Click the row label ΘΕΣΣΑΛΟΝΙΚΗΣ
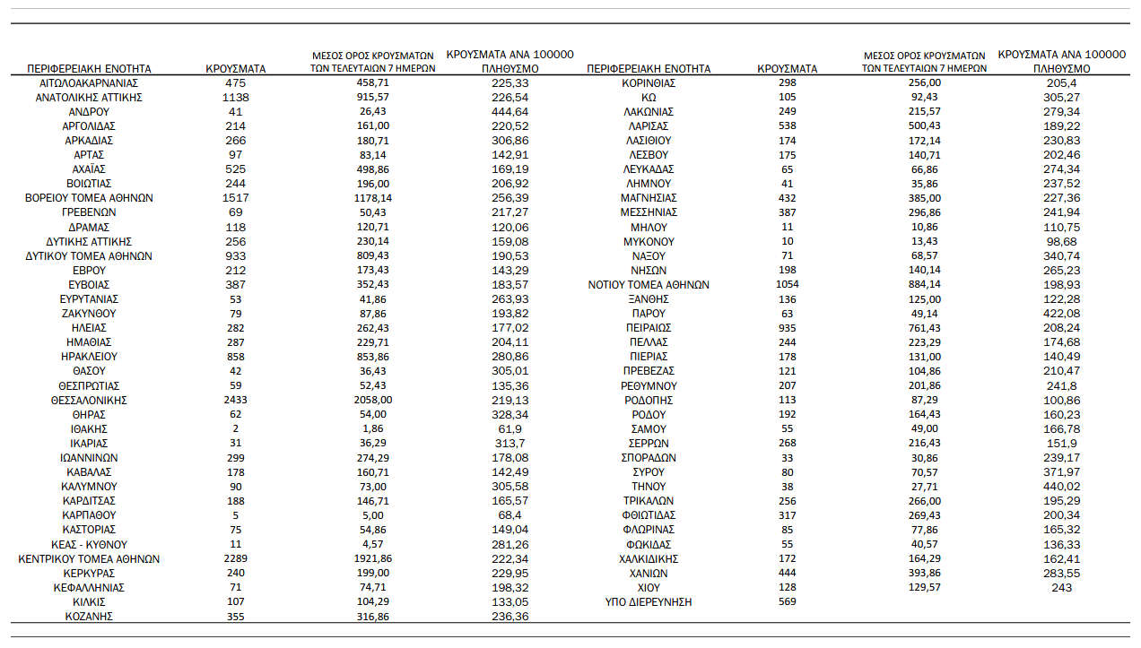click(x=89, y=400)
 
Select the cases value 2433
click(x=236, y=400)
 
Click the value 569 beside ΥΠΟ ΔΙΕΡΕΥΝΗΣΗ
click(x=787, y=602)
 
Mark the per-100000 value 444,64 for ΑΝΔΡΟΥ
click(x=510, y=112)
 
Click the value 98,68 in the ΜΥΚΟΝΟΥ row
click(x=1061, y=241)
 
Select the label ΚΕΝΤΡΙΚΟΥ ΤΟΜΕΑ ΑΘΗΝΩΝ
click(x=89, y=559)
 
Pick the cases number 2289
click(x=236, y=559)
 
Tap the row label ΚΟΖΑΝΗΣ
click(x=89, y=617)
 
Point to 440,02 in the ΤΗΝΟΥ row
click(x=1061, y=487)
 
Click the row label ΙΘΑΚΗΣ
click(x=89, y=428)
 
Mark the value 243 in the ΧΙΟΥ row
click(x=1061, y=588)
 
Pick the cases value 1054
click(x=787, y=285)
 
